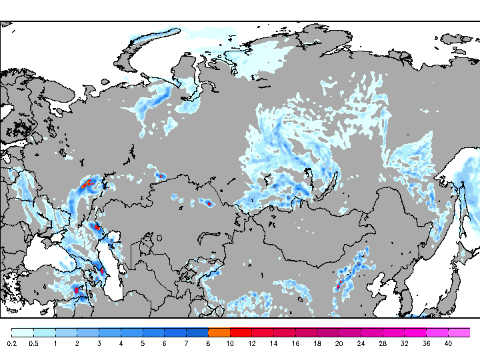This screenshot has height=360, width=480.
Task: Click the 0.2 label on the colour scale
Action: [x=12, y=343]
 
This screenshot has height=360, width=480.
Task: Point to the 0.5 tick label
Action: [x=33, y=343]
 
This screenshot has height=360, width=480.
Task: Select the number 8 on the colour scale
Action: [x=208, y=343]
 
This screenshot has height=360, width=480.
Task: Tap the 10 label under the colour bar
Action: [x=230, y=343]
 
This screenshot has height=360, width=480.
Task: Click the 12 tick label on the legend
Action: [x=251, y=343]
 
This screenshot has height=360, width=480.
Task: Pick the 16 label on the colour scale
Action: [x=295, y=343]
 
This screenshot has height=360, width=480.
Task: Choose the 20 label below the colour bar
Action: [x=339, y=343]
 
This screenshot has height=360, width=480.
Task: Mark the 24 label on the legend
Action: [x=361, y=343]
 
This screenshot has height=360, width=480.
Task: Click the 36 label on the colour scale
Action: [x=426, y=343]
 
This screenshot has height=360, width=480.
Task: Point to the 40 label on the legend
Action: [x=448, y=343]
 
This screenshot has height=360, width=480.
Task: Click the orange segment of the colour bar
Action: [x=219, y=332]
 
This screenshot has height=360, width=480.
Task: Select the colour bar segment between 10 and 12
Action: [x=241, y=332]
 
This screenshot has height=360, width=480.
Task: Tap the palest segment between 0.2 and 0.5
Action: [x=23, y=332]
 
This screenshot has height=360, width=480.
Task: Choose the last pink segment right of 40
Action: [x=459, y=332]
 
